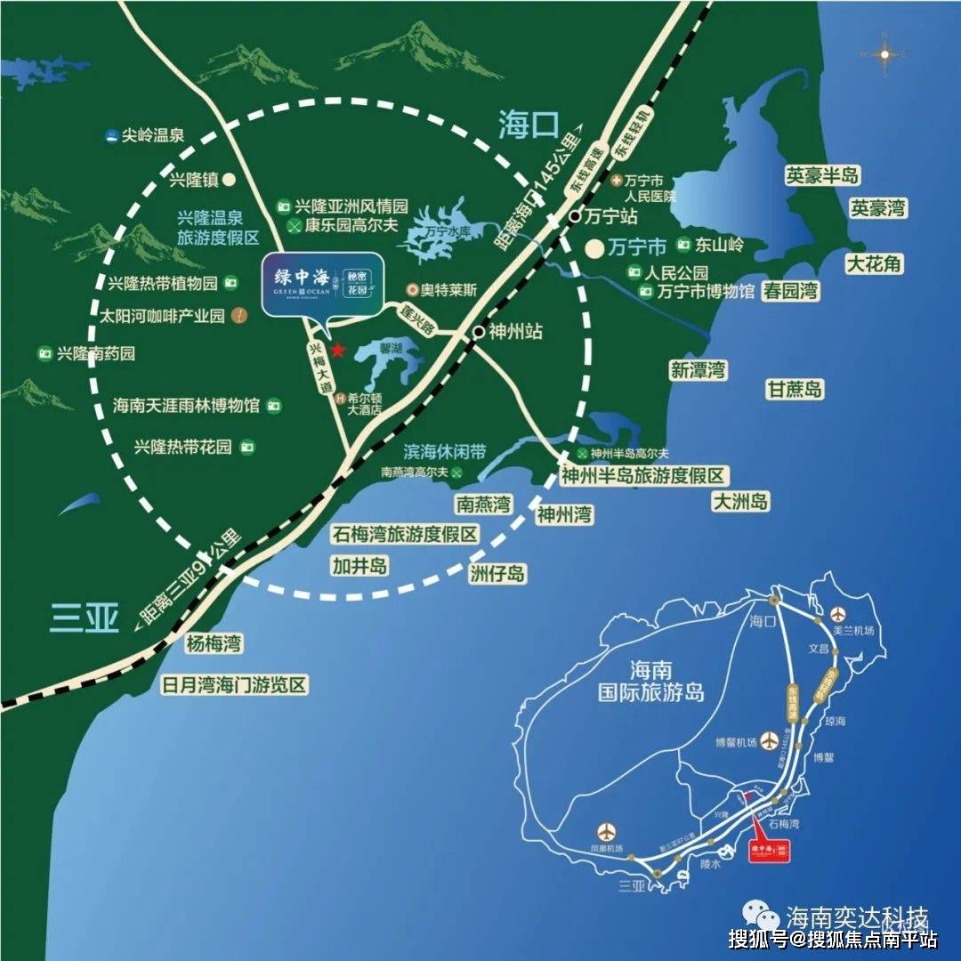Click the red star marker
(x=337, y=350)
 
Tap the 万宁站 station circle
(x=576, y=216)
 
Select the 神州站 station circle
(x=479, y=332)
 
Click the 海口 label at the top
(x=527, y=126)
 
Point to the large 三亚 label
(x=85, y=618)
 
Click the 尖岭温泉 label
(x=152, y=136)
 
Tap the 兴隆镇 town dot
(x=229, y=179)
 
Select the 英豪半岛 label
(x=822, y=175)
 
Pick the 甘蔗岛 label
(x=795, y=389)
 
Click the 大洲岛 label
(x=739, y=501)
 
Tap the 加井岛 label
(x=359, y=565)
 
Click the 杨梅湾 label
(x=214, y=643)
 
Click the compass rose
(x=884, y=54)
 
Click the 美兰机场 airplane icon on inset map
(x=838, y=614)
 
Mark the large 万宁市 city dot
(x=594, y=248)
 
